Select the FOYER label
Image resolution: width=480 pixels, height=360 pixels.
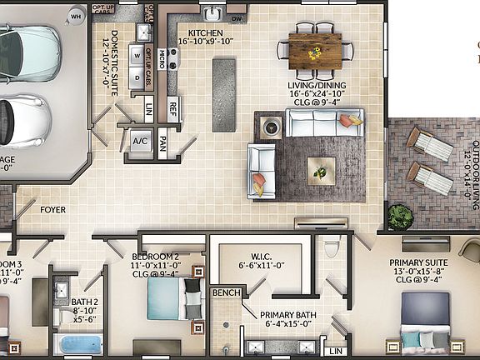[x=53, y=210]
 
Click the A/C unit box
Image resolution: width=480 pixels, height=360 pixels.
[x=140, y=141]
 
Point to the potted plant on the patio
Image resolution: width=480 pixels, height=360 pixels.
[x=400, y=217]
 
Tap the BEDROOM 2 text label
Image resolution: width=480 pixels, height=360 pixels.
[x=156, y=256]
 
